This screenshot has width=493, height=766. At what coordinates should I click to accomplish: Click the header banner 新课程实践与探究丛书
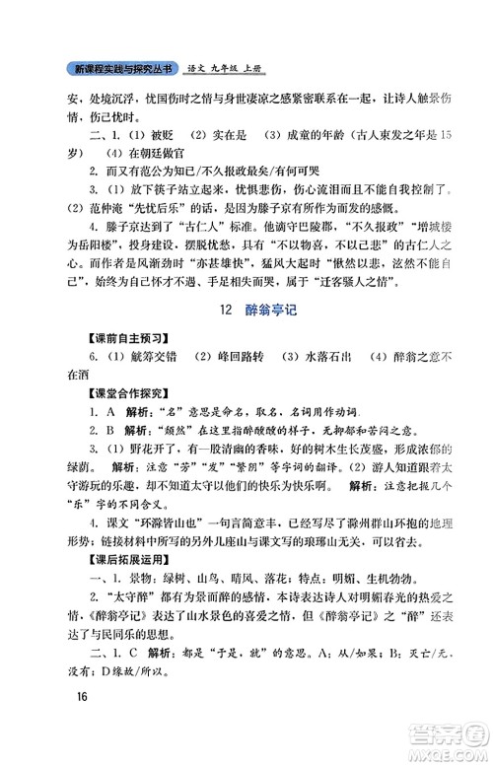click(123, 69)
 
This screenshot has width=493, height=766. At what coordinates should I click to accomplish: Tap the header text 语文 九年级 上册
click(230, 69)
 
